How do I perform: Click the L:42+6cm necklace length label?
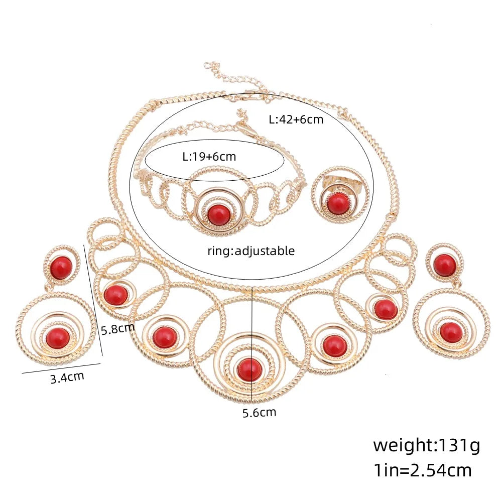296,119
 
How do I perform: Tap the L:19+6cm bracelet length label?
209,156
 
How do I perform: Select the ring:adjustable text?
251,250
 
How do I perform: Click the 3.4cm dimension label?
67,376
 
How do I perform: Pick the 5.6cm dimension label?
259,413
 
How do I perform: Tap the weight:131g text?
426,445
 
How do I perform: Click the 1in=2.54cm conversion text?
422,470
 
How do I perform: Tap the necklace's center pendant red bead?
249,369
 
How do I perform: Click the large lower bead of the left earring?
57,337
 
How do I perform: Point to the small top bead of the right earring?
445,265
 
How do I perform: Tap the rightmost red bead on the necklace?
386,309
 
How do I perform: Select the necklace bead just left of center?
165,337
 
